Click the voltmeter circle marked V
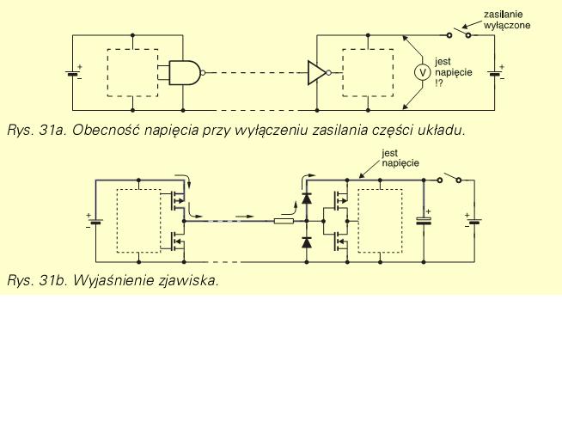pyautogui.click(x=423, y=72)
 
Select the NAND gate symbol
pyautogui.click(x=186, y=73)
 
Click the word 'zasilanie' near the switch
pyautogui.click(x=503, y=15)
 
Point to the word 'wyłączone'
pyautogui.click(x=506, y=26)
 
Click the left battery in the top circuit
pyautogui.click(x=73, y=73)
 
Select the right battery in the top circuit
pyautogui.click(x=496, y=73)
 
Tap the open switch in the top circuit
pyautogui.click(x=459, y=33)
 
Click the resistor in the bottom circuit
pyautogui.click(x=284, y=221)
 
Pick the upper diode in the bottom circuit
pyautogui.click(x=307, y=199)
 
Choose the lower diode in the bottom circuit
pyautogui.click(x=307, y=243)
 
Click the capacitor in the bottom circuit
pyautogui.click(x=424, y=220)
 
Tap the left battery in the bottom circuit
pyautogui.click(x=95, y=221)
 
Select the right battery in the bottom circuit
pyautogui.click(x=473, y=221)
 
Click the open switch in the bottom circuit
pyautogui.click(x=449, y=178)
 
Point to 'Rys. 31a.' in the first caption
pyautogui.click(x=37, y=131)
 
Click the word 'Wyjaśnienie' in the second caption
pyautogui.click(x=113, y=280)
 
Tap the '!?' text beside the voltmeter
pyautogui.click(x=439, y=83)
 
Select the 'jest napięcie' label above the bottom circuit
pyautogui.click(x=400, y=158)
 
